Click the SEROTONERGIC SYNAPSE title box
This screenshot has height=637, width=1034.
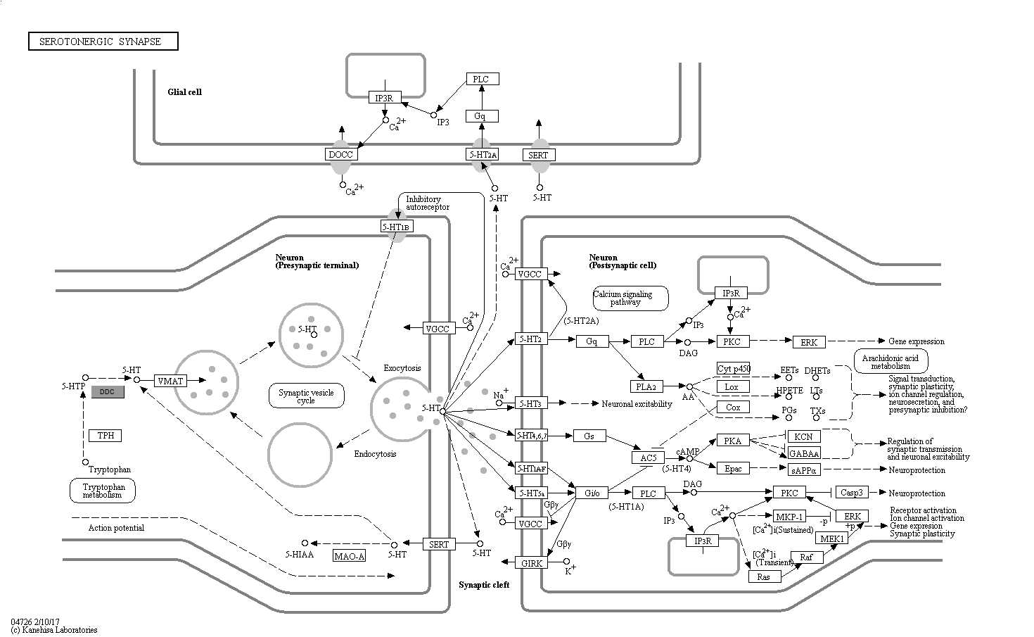pos(103,42)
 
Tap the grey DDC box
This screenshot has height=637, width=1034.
pos(108,392)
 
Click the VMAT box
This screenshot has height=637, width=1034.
pos(170,381)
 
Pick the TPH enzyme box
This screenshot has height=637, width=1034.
pos(106,436)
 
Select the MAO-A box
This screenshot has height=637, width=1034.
pos(350,556)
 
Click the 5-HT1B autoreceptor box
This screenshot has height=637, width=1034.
pos(397,227)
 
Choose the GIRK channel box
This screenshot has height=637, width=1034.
pos(530,562)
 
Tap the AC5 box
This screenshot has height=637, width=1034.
pos(648,458)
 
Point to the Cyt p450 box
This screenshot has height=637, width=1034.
pos(734,368)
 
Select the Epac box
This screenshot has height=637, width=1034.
pos(733,468)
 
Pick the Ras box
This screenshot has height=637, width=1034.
pos(764,576)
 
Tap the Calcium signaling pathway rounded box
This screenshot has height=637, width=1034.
pos(630,298)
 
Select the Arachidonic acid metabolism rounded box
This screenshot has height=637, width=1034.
pos(891,362)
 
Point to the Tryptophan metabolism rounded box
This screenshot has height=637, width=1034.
pos(103,491)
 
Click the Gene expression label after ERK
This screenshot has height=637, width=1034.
pos(916,341)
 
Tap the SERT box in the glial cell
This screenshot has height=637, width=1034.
pos(540,155)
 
